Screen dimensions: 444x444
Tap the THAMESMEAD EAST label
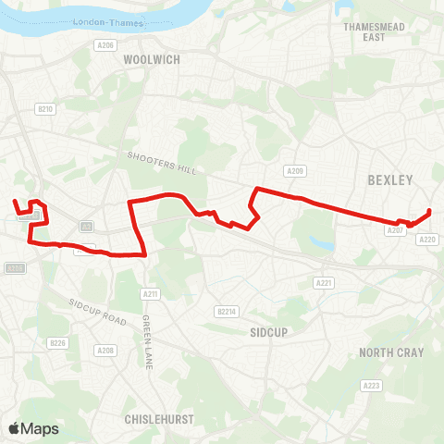click(369, 32)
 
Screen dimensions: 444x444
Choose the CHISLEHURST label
click(159, 419)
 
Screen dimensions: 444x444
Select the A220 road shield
click(427, 240)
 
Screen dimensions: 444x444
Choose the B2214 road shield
click(228, 311)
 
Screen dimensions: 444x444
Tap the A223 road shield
click(372, 385)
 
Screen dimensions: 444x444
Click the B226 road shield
click(58, 343)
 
